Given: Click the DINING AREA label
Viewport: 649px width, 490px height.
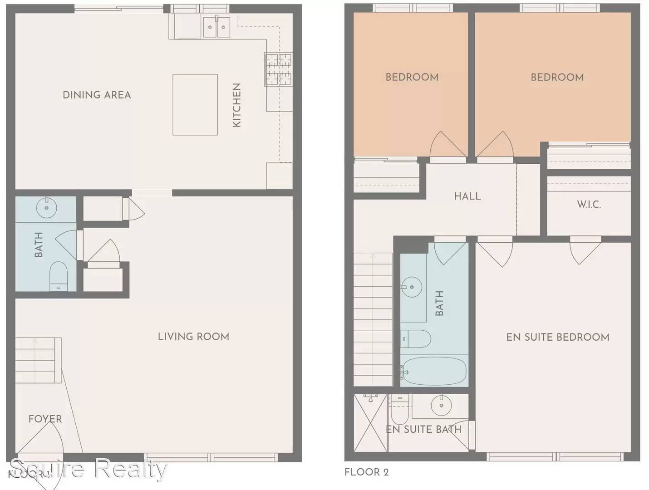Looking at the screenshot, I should pyautogui.click(x=97, y=95).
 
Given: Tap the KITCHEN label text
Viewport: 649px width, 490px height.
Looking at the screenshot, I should pyautogui.click(x=236, y=105).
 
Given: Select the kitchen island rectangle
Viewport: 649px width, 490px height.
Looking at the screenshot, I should pyautogui.click(x=195, y=105).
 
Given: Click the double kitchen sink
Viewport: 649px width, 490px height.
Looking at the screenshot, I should pyautogui.click(x=216, y=27).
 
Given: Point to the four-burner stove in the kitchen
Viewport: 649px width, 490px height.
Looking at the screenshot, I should pyautogui.click(x=279, y=69).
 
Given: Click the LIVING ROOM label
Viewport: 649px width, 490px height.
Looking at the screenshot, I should pyautogui.click(x=193, y=337).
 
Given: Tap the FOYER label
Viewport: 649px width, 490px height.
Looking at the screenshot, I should pyautogui.click(x=45, y=419).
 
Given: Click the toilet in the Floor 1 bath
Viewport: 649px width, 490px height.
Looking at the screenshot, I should pyautogui.click(x=59, y=276).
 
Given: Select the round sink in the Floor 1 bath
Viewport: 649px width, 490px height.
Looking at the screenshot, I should pyautogui.click(x=46, y=208).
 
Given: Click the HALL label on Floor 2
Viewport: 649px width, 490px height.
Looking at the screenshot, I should pyautogui.click(x=467, y=196).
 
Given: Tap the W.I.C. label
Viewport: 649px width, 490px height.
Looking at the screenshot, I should pyautogui.click(x=589, y=205).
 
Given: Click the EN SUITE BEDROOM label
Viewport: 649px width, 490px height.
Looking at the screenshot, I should pyautogui.click(x=557, y=337).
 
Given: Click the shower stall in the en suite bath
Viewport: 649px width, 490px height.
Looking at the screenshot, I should pyautogui.click(x=371, y=423).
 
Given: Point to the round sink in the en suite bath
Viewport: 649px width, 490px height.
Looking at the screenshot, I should pyautogui.click(x=441, y=405).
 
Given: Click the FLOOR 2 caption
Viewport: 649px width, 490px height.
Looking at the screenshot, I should pyautogui.click(x=366, y=472).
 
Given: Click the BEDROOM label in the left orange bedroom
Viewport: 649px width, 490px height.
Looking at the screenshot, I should pyautogui.click(x=412, y=77).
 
